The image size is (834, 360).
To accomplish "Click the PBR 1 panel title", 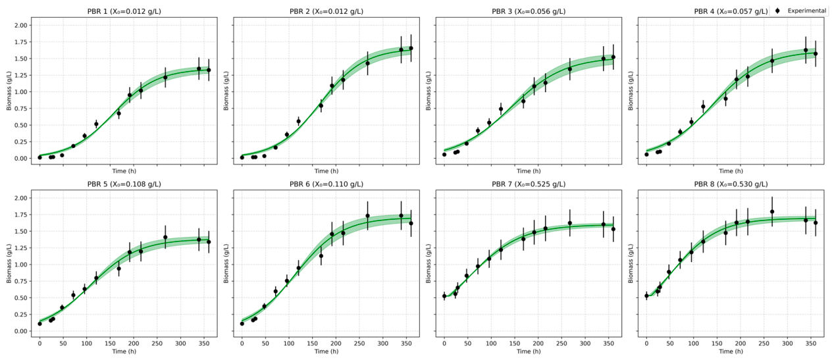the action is (x=124, y=12).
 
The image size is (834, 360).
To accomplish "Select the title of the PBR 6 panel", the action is (x=326, y=184).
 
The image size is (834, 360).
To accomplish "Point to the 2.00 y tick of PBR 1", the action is (x=21, y=25).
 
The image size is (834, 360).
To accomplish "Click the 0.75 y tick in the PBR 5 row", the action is (x=21, y=281).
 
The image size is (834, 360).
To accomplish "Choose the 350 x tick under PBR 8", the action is (x=810, y=344).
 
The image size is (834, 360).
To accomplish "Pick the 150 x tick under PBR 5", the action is (x=110, y=344).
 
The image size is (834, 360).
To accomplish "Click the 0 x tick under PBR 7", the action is (x=444, y=344).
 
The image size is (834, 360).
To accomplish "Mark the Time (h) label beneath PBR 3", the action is (x=529, y=171).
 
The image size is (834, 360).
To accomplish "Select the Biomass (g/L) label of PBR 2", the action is (x=226, y=91).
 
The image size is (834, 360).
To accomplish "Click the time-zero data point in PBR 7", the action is (x=444, y=296).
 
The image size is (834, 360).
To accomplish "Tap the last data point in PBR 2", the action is (x=411, y=49).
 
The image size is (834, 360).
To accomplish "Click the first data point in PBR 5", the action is (x=40, y=324).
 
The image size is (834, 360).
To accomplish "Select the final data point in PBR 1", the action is (x=209, y=70).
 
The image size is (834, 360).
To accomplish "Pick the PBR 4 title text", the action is (x=731, y=12).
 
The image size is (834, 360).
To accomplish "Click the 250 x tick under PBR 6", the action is (x=359, y=344).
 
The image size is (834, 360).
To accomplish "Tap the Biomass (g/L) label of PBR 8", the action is (x=631, y=263).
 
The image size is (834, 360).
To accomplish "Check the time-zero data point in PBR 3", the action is (x=444, y=155).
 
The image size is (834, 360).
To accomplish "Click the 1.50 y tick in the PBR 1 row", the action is (x=21, y=59).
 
